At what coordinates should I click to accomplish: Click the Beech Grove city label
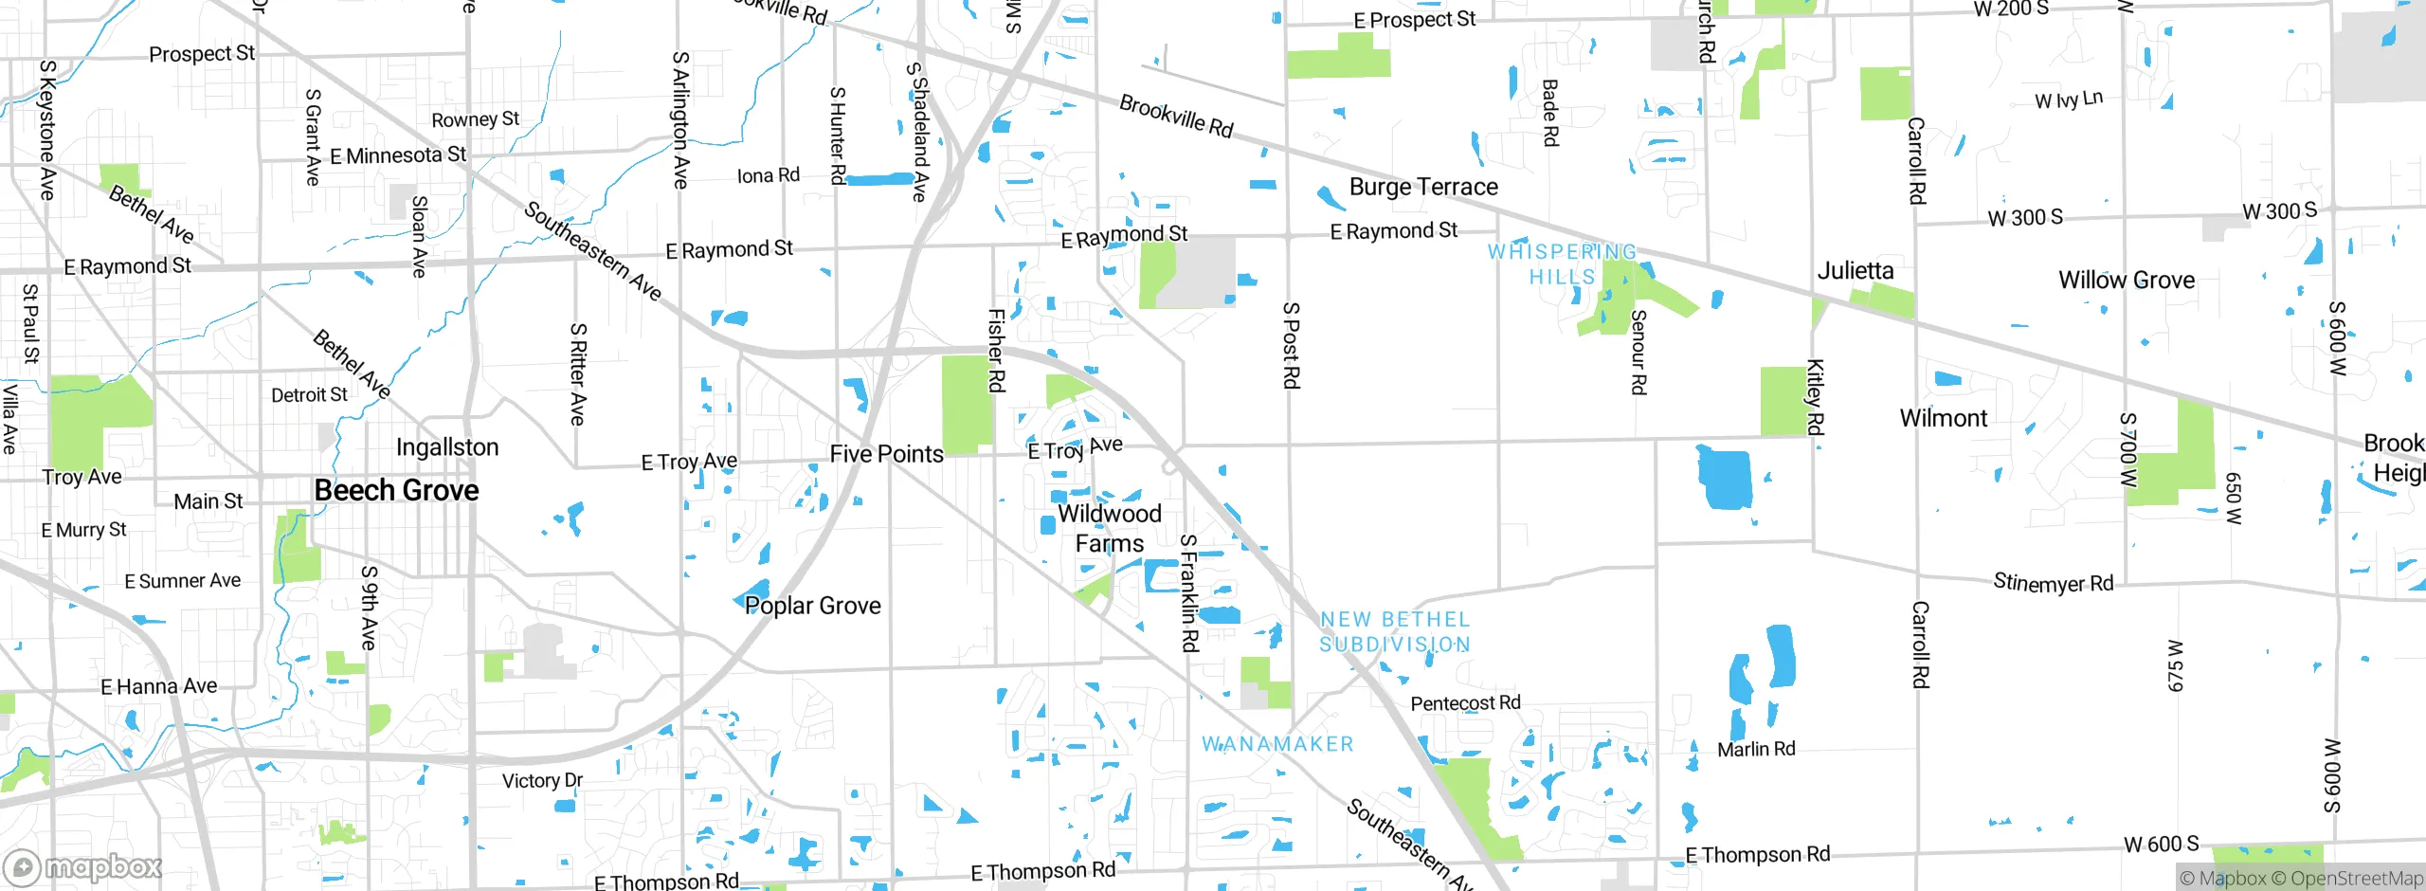pyautogui.click(x=396, y=490)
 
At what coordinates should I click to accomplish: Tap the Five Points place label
pyautogui.click(x=886, y=454)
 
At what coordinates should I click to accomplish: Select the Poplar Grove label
pyautogui.click(x=812, y=606)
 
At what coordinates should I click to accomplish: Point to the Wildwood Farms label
pyautogui.click(x=1109, y=529)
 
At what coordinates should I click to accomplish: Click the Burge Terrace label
pyautogui.click(x=1423, y=187)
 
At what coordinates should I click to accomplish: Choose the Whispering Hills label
pyautogui.click(x=1562, y=264)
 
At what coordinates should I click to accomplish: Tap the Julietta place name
pyautogui.click(x=1855, y=271)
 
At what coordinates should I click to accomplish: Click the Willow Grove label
pyautogui.click(x=2126, y=281)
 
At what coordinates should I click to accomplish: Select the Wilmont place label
pyautogui.click(x=1943, y=418)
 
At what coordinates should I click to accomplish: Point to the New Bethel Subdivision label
pyautogui.click(x=1395, y=631)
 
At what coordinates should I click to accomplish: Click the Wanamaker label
pyautogui.click(x=1277, y=744)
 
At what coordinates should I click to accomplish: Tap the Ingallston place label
pyautogui.click(x=446, y=447)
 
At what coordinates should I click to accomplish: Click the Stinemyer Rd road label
pyautogui.click(x=2053, y=583)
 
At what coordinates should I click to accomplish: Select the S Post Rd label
pyautogui.click(x=1291, y=345)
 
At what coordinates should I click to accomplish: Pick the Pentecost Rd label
pyautogui.click(x=1465, y=703)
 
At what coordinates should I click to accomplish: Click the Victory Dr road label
pyautogui.click(x=542, y=781)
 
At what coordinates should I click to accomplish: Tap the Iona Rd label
pyautogui.click(x=768, y=175)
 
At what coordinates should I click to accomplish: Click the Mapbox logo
pyautogui.click(x=83, y=866)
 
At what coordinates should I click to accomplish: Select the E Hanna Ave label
pyautogui.click(x=158, y=686)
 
